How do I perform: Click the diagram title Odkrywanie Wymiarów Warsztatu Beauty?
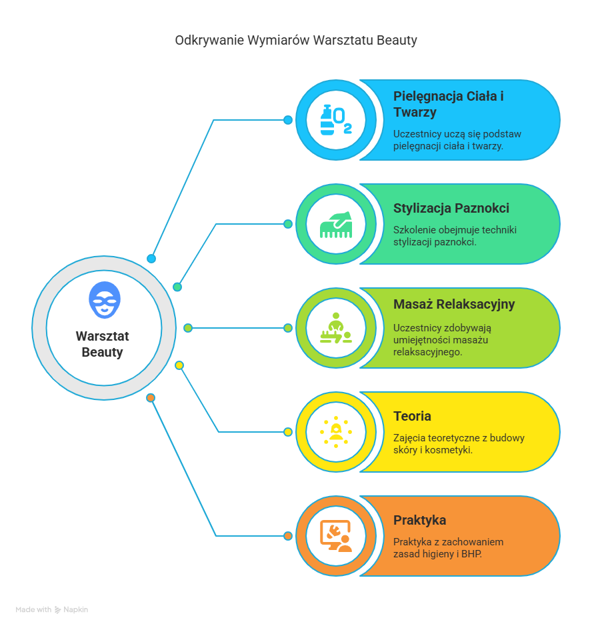point(296,41)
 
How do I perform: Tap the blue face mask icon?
point(105,300)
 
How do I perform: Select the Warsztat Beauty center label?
point(103,344)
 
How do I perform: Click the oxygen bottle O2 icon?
point(335,120)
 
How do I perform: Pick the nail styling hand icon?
point(335,225)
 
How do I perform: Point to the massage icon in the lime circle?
point(335,328)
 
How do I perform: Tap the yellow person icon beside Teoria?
point(335,432)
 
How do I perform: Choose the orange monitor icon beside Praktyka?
point(335,536)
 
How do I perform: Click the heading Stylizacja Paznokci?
point(451,208)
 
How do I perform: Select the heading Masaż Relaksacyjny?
point(454,305)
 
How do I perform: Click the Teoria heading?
point(412,416)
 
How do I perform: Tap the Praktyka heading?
point(419,520)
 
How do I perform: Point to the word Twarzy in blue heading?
point(415,113)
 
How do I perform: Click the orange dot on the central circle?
point(151,398)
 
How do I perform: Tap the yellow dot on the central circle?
point(179,365)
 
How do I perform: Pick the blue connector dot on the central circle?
point(151,259)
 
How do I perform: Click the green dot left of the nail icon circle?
point(287,224)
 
